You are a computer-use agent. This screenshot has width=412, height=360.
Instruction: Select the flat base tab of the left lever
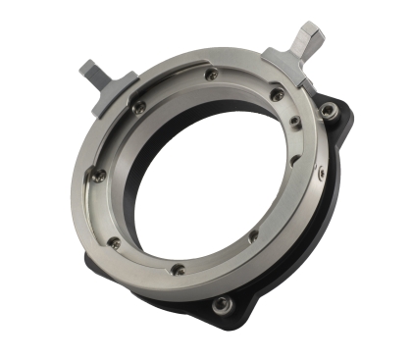pos(123,91)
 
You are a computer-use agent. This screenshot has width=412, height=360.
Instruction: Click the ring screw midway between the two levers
pos(212,74)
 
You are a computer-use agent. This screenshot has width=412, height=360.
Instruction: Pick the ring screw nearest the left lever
pos(140,106)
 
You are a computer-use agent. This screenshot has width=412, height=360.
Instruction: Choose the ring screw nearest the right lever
pos(278,95)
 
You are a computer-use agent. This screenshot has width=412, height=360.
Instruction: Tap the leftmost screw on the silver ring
pos(99,176)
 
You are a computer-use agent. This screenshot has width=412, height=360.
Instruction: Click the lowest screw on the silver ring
pos(178,269)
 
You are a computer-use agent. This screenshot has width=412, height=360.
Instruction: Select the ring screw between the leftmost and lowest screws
pos(115,242)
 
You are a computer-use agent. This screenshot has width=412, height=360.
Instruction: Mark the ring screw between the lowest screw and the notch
pos(252,235)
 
